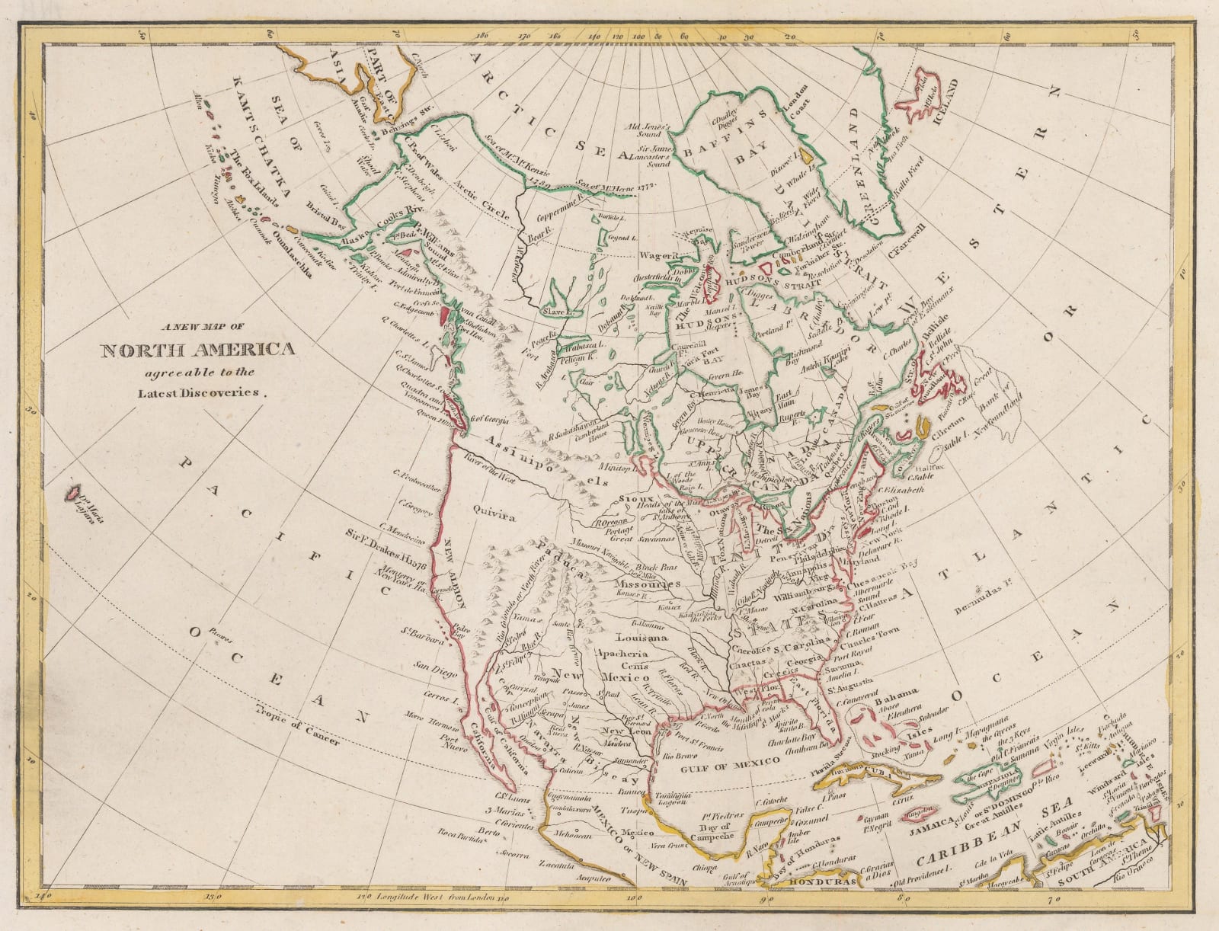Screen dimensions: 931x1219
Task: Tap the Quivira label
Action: [x=493, y=515]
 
